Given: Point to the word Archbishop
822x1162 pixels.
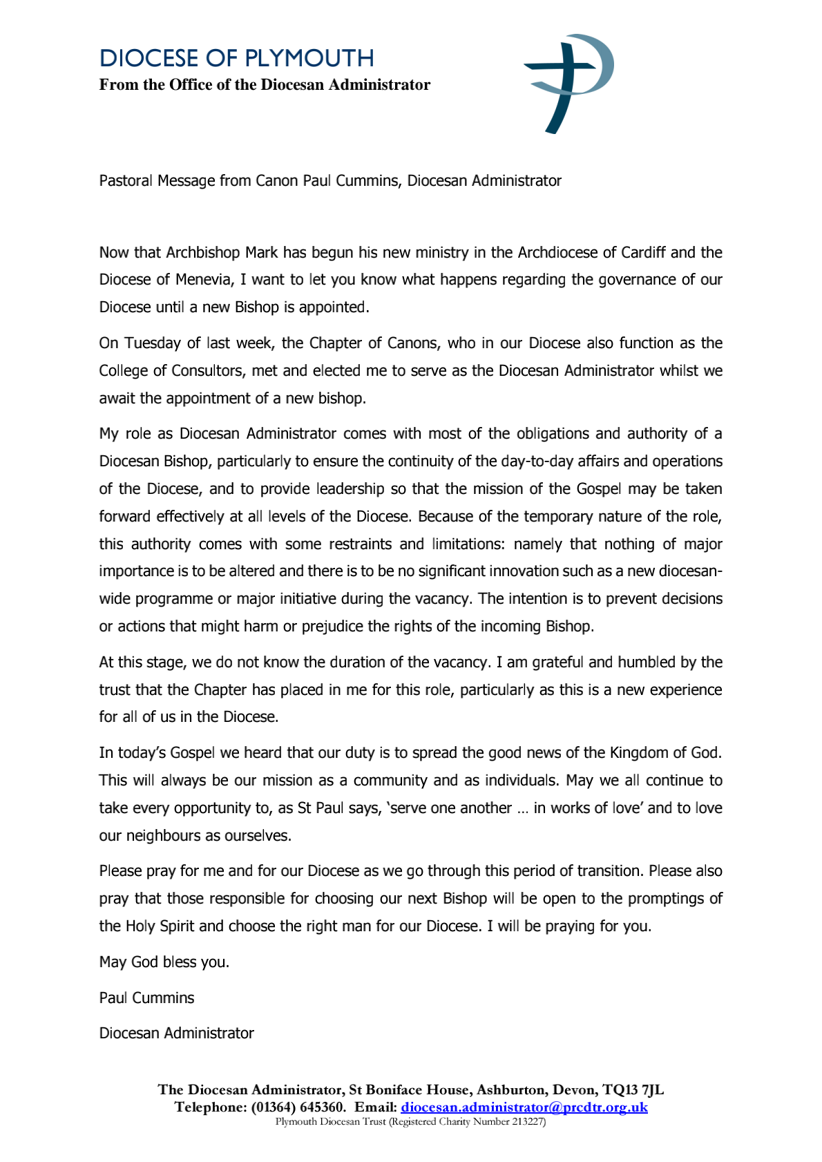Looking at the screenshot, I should (x=204, y=252).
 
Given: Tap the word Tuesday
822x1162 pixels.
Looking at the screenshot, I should (x=151, y=343).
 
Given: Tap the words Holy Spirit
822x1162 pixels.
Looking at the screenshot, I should (x=160, y=926).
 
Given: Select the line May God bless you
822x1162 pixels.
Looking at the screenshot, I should (x=164, y=962).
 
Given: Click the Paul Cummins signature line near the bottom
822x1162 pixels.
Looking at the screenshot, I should (x=146, y=998).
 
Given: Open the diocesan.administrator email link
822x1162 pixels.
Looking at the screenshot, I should (x=524, y=1107).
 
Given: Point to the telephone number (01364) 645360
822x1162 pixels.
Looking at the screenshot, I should (x=294, y=1107).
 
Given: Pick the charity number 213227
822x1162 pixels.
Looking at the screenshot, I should (x=528, y=1122).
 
